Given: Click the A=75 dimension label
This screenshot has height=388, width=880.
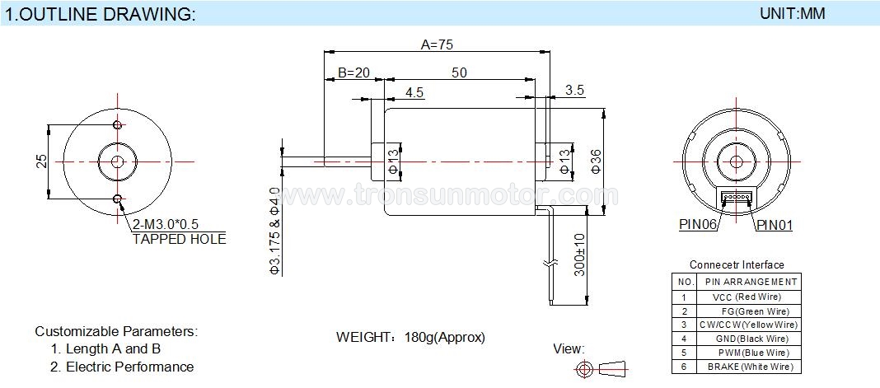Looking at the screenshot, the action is click(x=437, y=44).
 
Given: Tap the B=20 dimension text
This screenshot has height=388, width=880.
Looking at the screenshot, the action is click(x=353, y=72).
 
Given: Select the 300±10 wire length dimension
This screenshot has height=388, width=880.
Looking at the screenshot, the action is click(x=580, y=255).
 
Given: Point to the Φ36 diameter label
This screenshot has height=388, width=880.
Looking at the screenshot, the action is click(x=596, y=161).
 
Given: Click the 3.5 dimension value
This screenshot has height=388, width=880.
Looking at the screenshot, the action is click(x=574, y=90).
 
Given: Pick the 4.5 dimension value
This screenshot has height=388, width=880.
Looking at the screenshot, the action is click(x=414, y=92).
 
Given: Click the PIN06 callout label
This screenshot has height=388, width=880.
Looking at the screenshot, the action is click(x=698, y=225).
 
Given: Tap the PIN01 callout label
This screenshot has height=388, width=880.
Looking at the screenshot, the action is click(x=775, y=226).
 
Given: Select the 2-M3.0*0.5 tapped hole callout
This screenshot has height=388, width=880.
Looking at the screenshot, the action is click(x=166, y=224).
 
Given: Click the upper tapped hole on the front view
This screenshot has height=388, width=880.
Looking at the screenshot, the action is click(x=117, y=124).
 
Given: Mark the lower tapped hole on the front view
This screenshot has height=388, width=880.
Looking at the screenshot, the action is click(x=117, y=199).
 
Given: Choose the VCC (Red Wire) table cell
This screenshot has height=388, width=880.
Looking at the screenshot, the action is click(x=749, y=297).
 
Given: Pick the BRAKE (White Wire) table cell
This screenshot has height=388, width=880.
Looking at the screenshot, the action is click(x=749, y=367).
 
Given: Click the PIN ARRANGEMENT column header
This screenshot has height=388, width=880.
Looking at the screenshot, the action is click(x=749, y=282).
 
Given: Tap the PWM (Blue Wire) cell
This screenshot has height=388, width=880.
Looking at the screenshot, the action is click(x=749, y=353).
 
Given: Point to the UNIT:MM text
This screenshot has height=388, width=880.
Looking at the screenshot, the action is click(x=793, y=13).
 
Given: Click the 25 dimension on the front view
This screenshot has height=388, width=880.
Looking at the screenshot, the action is click(x=41, y=161).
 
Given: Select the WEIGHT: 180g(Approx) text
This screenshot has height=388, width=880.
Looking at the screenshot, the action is click(x=410, y=337).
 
